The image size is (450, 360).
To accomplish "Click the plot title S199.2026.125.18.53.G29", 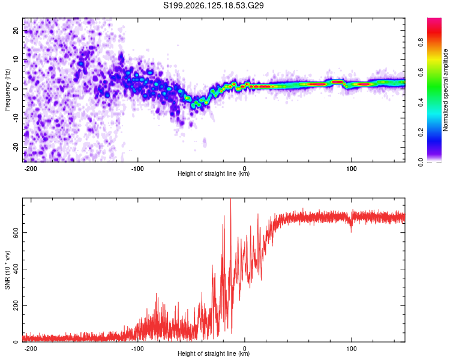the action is pyautogui.click(x=213, y=5).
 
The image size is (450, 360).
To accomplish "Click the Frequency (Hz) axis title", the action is pyautogui.click(x=7, y=90).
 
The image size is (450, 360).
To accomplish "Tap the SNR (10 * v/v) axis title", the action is pyautogui.click(x=7, y=270).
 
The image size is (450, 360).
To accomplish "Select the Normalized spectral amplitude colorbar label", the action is pyautogui.click(x=445, y=90).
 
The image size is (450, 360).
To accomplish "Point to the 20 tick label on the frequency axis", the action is pyautogui.click(x=16, y=31).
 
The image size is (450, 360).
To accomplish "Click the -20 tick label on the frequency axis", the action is pyautogui.click(x=16, y=148).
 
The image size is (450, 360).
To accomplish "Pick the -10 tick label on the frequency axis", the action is pyautogui.click(x=16, y=118).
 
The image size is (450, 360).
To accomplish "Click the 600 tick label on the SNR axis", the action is pyautogui.click(x=16, y=233).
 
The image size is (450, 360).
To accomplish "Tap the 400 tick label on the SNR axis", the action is pyautogui.click(x=16, y=269).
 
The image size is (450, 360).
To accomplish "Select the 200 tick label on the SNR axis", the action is pyautogui.click(x=16, y=305).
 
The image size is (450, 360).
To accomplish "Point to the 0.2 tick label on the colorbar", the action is pyautogui.click(x=421, y=133).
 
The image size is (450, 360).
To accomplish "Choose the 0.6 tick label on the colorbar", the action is pyautogui.click(x=421, y=73).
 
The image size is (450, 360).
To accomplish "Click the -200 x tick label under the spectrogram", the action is pyautogui.click(x=31, y=169).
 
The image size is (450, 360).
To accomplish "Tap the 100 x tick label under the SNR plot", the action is pyautogui.click(x=351, y=349).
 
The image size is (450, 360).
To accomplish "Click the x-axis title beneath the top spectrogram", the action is pyautogui.click(x=214, y=173).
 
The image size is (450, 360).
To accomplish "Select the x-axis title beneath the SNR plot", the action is pyautogui.click(x=214, y=353).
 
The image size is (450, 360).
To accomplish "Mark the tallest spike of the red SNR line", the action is pyautogui.click(x=231, y=199).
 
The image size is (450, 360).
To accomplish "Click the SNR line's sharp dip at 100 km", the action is pyautogui.click(x=351, y=232).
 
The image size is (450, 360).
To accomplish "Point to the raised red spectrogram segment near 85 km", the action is pyautogui.click(x=337, y=82).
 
